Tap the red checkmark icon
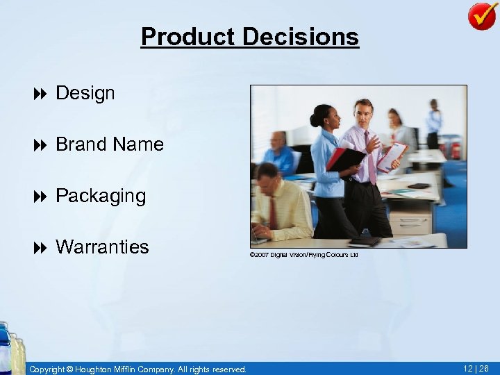pyautogui.click(x=483, y=15)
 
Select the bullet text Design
pyautogui.click(x=85, y=93)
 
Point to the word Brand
pyautogui.click(x=82, y=144)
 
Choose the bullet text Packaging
pyautogui.click(x=101, y=196)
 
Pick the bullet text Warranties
pyautogui.click(x=102, y=247)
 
